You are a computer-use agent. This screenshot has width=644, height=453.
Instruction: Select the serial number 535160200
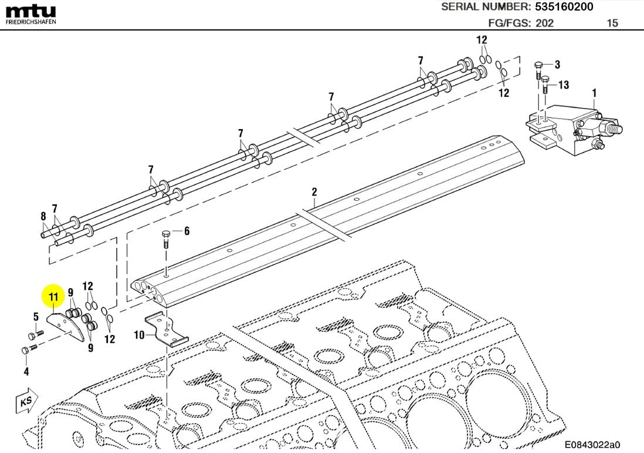[x=563, y=7]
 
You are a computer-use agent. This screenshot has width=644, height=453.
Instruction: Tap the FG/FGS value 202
[x=543, y=23]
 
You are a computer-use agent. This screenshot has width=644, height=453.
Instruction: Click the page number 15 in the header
[x=612, y=23]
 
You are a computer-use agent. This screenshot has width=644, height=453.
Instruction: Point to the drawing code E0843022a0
[x=592, y=445]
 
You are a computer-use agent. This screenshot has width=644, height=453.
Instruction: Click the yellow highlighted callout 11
[x=53, y=297]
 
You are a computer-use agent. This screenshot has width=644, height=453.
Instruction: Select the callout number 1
[x=594, y=93]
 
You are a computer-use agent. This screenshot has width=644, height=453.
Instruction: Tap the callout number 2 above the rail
[x=314, y=192]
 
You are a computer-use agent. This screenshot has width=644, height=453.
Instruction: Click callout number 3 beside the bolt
[x=557, y=64]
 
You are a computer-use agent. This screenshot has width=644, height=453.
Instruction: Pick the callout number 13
[x=563, y=85]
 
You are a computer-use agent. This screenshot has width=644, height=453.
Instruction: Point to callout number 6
[x=187, y=231]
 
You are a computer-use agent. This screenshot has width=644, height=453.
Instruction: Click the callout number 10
[x=139, y=335]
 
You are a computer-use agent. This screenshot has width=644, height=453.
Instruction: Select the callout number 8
[x=43, y=216]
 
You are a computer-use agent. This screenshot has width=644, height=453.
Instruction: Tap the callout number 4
[x=26, y=371]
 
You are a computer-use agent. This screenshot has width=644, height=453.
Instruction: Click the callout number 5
[x=36, y=317]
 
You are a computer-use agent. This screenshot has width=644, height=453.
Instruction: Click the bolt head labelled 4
[x=25, y=351]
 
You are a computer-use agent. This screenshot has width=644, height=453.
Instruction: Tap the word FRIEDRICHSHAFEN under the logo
[x=30, y=22]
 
